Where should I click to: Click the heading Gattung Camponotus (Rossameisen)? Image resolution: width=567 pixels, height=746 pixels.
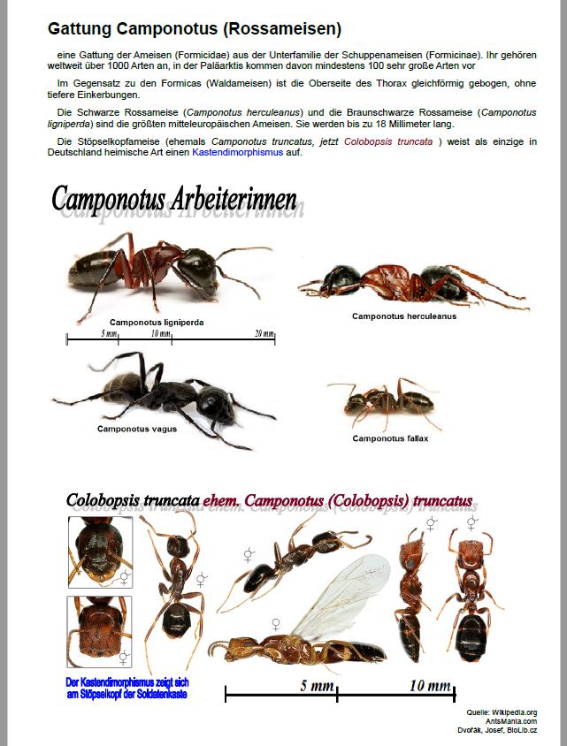coord(195,30)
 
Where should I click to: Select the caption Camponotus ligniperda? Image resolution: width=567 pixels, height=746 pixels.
coord(157,323)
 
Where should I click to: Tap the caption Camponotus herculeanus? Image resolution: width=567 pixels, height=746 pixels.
coord(404,316)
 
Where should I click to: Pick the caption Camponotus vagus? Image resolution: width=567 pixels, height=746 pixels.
coord(136,429)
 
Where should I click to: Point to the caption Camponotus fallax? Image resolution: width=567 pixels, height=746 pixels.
coord(390,438)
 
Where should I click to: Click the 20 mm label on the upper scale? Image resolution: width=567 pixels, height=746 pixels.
coord(264,333)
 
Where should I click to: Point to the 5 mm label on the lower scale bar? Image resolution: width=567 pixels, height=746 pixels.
coord(315,686)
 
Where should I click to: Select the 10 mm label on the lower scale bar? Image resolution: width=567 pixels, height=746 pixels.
coord(430,686)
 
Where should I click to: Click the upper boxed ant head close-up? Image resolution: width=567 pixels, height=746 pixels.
coord(100,552)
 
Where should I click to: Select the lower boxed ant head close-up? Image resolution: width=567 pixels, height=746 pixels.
coord(99,631)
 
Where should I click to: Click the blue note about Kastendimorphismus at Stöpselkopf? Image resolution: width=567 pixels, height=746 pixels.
coord(127,688)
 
